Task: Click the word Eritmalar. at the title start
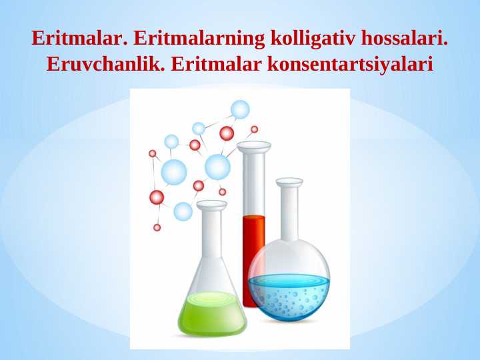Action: pyautogui.click(x=79, y=38)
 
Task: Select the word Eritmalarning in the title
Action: pyautogui.click(x=199, y=38)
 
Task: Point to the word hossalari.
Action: pyautogui.click(x=405, y=38)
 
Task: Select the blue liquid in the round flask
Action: pyautogui.click(x=288, y=297)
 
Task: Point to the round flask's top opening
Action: pyautogui.click(x=289, y=181)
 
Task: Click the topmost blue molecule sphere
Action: pyautogui.click(x=240, y=109)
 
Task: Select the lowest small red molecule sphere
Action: pyautogui.click(x=157, y=227)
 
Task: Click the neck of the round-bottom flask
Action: pyautogui.click(x=289, y=213)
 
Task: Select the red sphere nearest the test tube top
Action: pyautogui.click(x=254, y=129)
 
